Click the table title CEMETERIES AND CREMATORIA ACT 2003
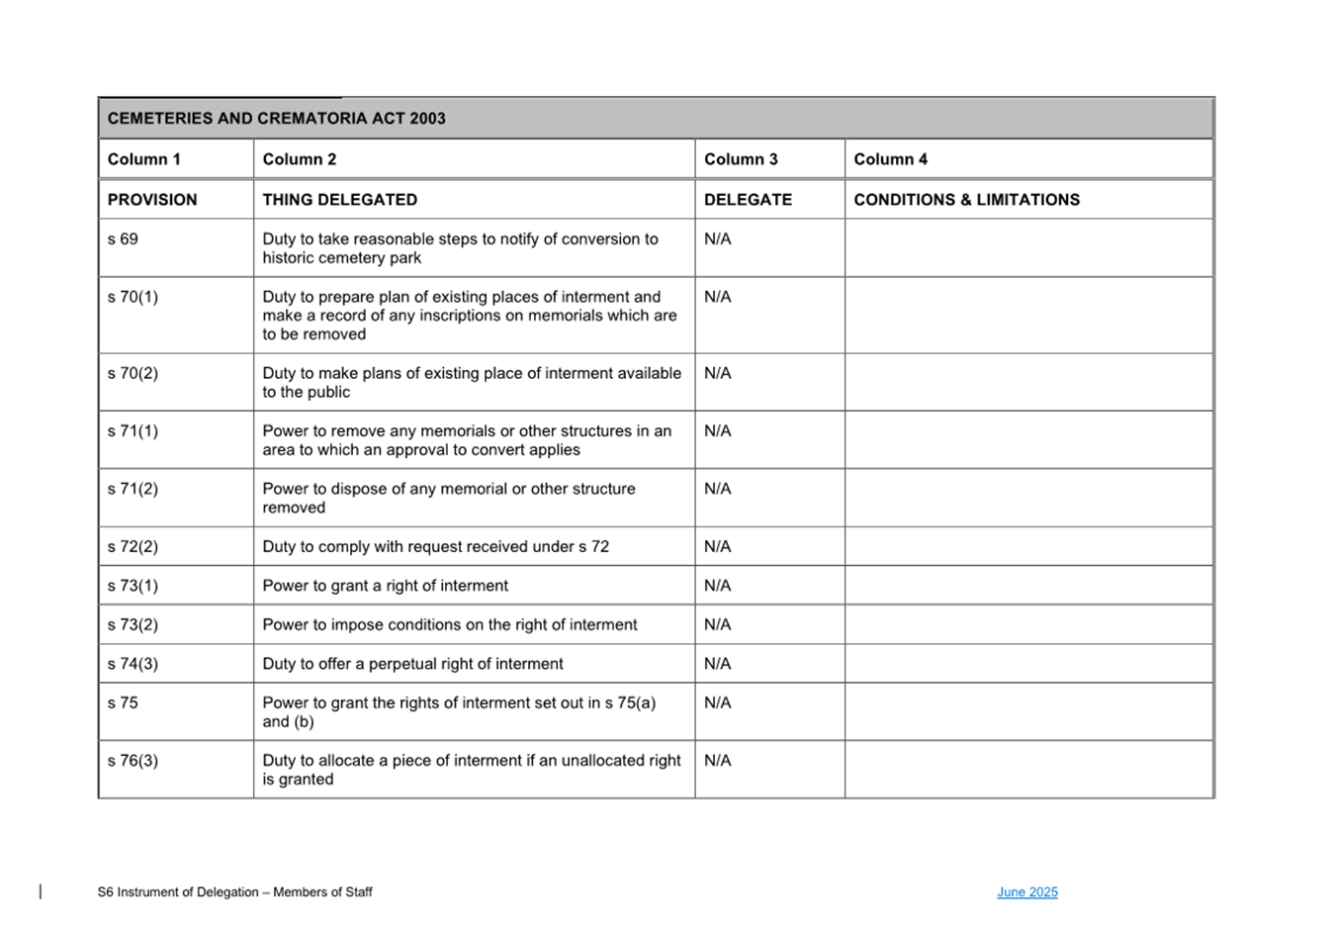click(276, 119)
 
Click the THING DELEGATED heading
click(339, 200)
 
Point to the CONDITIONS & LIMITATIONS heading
click(966, 200)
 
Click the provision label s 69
click(123, 239)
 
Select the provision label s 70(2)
click(133, 373)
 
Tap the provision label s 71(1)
click(133, 431)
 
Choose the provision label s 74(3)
click(133, 664)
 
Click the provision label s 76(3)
click(133, 761)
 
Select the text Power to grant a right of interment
click(385, 586)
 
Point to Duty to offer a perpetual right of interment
click(412, 664)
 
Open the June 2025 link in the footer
click(1026, 892)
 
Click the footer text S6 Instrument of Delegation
click(234, 892)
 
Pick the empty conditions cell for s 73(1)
click(1028, 586)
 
